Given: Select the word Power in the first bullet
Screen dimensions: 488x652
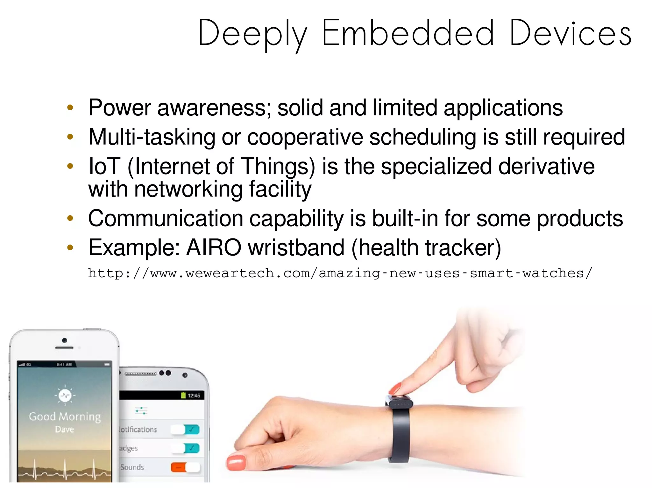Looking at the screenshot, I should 119,108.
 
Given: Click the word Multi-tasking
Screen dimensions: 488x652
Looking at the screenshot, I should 152,137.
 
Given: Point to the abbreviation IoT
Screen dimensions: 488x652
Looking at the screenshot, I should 104,166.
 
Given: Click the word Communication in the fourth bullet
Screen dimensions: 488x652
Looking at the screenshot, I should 166,219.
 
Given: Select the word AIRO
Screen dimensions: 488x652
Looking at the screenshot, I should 214,248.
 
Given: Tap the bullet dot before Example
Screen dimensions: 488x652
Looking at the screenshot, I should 70,248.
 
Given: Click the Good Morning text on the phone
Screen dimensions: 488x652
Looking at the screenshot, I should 65,416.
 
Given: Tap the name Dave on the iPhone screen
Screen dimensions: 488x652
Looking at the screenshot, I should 65,430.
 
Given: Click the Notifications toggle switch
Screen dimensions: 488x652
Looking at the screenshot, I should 185,430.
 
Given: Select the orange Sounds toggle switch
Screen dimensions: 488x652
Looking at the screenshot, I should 185,467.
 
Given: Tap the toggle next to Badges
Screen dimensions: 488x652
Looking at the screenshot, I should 185,448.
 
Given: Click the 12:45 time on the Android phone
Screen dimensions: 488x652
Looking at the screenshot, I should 194,395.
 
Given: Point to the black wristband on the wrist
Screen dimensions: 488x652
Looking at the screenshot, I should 399,432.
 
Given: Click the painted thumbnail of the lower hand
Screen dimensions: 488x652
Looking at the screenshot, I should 236,463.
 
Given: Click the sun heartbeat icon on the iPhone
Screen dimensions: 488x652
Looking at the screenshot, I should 65,395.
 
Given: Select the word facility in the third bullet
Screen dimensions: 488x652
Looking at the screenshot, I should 280,190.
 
